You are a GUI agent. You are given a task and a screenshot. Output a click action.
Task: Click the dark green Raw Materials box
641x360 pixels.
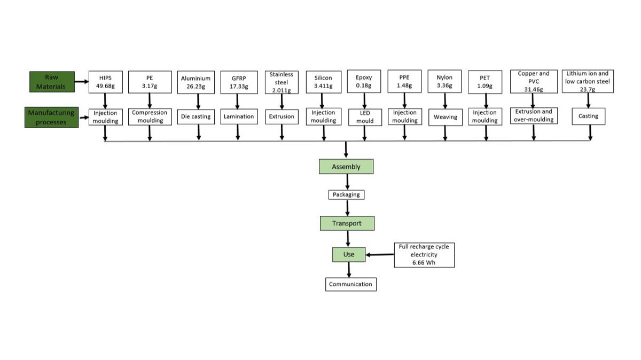point(51,82)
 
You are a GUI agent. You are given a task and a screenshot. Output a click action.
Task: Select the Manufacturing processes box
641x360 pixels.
point(52,117)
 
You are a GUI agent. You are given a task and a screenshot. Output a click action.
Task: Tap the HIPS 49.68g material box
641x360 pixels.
point(105,82)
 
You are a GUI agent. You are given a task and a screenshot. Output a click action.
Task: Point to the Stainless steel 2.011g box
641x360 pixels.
point(282,82)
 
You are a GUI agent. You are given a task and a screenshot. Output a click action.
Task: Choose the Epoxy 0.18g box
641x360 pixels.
point(364,82)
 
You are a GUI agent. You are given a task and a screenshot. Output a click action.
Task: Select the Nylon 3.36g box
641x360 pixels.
point(444,82)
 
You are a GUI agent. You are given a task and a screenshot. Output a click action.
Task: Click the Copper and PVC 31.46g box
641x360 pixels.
point(533,81)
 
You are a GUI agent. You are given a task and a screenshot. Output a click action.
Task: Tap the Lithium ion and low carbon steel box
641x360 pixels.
point(587,81)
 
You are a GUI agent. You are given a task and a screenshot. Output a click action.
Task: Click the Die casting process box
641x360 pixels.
point(196,116)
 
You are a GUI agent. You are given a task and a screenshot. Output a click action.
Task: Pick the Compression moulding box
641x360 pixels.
point(150,116)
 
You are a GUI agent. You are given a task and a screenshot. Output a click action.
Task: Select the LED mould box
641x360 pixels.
point(364,117)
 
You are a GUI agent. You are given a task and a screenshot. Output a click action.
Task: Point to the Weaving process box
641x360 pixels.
point(445,116)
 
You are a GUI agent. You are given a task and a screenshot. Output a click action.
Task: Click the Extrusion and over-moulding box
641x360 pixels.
point(533,115)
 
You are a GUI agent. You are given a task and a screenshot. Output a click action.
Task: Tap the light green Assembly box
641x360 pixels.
point(346,167)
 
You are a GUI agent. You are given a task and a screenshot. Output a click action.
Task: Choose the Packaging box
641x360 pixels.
point(346,194)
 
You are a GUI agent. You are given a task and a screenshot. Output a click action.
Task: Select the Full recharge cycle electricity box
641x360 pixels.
point(424,255)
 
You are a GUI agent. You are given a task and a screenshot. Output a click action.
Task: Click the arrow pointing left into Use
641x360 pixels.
point(380,254)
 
